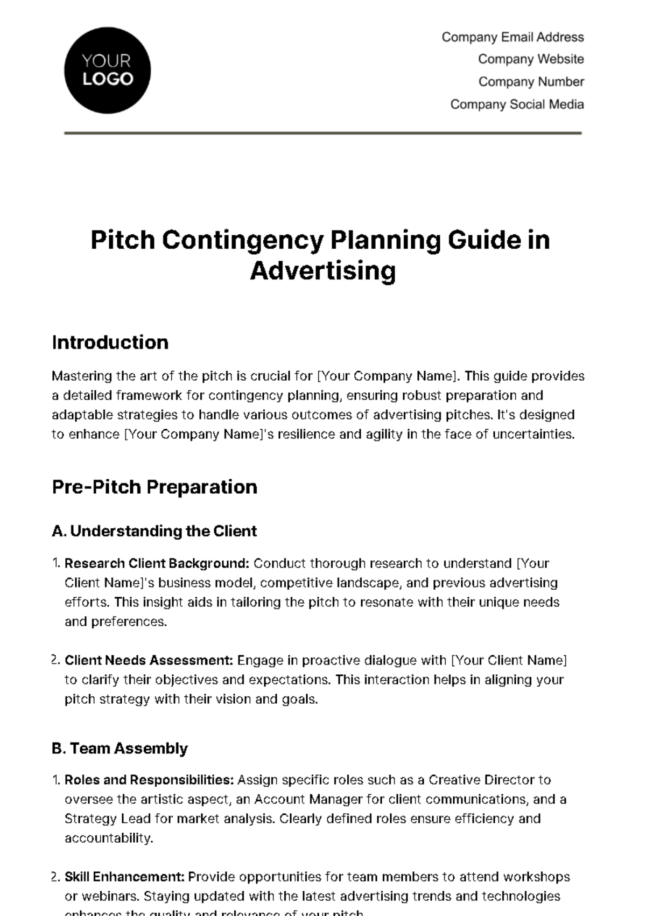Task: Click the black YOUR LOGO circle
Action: point(107,70)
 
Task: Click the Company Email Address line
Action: point(512,37)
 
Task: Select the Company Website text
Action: point(531,59)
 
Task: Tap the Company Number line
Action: point(531,82)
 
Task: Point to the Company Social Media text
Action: point(517,104)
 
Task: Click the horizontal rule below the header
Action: point(323,132)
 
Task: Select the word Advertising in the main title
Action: point(323,270)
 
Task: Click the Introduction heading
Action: point(110,342)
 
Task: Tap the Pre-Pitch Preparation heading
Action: point(155,487)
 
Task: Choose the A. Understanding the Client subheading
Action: point(155,531)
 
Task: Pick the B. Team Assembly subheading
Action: point(120,748)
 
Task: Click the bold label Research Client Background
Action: point(156,563)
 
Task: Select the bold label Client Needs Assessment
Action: point(149,660)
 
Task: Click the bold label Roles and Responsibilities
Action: point(149,780)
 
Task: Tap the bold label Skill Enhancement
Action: point(125,877)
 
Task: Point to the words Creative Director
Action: point(474,780)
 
